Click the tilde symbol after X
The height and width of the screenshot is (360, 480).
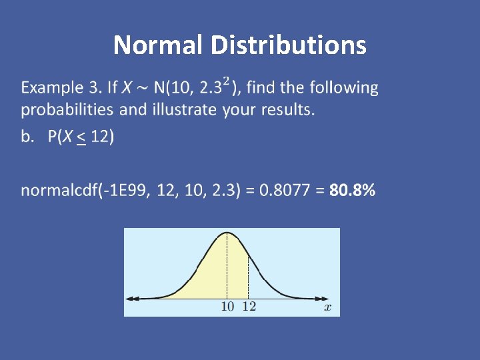tap(143, 88)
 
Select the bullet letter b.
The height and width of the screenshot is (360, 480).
tap(27, 137)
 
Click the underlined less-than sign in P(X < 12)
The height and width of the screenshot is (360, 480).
tap(81, 137)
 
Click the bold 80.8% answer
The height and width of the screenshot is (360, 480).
tap(352, 191)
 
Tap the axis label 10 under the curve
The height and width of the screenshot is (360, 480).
tap(228, 307)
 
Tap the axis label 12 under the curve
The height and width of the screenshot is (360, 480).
tap(249, 307)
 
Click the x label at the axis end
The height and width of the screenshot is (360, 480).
tap(327, 307)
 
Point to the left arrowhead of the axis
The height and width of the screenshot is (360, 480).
tap(130, 297)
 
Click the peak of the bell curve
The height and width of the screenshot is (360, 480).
tap(227, 233)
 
